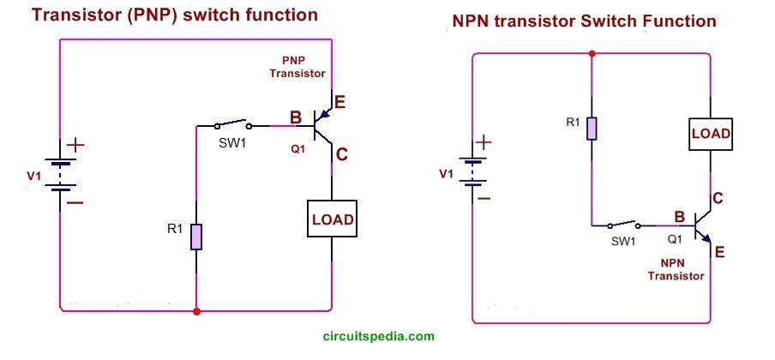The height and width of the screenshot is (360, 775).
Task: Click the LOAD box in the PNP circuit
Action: coord(332,219)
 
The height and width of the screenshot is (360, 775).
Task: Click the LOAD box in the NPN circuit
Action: coord(711,134)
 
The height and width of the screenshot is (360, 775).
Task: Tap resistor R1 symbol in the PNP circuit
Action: coord(196,237)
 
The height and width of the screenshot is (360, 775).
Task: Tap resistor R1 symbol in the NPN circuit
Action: coord(592,128)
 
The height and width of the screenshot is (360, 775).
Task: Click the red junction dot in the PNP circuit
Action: coord(196,310)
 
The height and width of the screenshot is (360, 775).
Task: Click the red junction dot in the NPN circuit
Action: coord(592,53)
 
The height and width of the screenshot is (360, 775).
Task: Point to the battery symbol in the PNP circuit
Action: coord(59,176)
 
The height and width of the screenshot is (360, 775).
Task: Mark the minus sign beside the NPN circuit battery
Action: coord(484,198)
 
